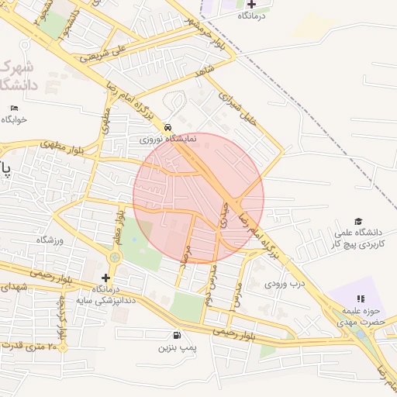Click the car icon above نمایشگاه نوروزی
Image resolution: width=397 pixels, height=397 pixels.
[168, 127]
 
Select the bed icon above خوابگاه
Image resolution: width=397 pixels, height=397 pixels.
[14, 108]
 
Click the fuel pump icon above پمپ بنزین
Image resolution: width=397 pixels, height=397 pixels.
[178, 336]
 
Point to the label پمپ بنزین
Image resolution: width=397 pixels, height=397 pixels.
[178, 349]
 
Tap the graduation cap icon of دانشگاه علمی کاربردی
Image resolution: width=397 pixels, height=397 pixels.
[358, 221]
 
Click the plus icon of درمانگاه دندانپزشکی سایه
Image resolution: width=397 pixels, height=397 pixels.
[106, 277]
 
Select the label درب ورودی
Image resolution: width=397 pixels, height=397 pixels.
[286, 284]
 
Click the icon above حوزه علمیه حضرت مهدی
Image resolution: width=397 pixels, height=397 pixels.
[360, 299]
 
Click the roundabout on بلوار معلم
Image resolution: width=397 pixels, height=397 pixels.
[115, 257]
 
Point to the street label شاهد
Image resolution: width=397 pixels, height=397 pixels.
[205, 71]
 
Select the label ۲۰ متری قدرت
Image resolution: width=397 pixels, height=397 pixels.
[31, 346]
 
